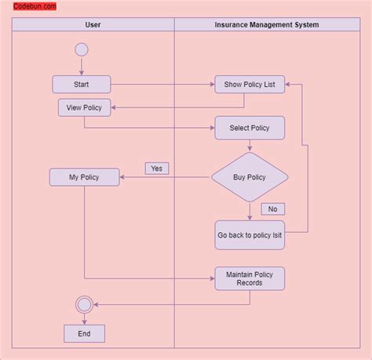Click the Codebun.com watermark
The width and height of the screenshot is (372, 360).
35,6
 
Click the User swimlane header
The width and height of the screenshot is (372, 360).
93,25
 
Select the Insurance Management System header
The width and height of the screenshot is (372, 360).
266,25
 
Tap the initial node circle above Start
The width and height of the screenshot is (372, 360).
81,50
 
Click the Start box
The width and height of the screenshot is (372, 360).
82,84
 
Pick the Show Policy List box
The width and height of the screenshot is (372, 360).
250,84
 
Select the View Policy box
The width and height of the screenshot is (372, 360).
85,107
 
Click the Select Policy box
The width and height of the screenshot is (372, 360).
250,128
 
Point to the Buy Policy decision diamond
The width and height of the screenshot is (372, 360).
250,177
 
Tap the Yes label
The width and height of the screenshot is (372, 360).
156,168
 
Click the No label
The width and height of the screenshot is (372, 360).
272,209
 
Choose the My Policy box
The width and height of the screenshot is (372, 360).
85,177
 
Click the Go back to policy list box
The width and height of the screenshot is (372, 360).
250,235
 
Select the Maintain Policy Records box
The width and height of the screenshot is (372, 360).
250,278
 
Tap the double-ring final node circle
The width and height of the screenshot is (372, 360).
84,304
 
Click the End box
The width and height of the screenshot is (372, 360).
84,333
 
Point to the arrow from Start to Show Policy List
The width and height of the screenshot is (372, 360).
162,84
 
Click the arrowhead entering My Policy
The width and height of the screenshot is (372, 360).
124,177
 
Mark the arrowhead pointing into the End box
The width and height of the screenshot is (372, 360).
84,322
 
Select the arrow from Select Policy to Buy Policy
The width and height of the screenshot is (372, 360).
250,146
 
